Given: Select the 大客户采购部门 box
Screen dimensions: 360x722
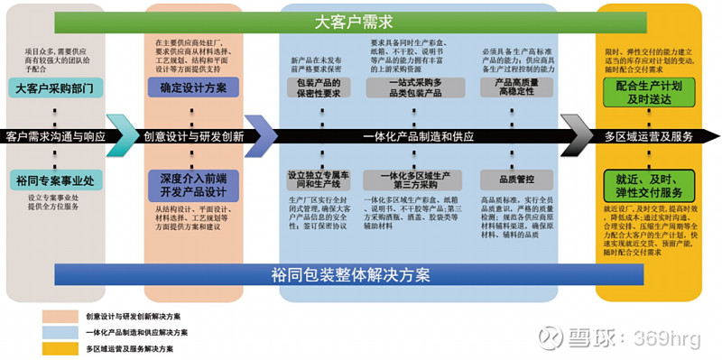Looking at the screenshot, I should pos(54,88).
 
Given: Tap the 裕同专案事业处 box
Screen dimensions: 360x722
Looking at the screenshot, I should pos(54,180).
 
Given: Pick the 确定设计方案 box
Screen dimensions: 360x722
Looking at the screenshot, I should pos(193,88).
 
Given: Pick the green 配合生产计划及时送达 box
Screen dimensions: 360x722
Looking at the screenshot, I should pos(649,91).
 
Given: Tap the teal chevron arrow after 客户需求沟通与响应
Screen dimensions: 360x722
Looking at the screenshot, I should pos(120,135).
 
